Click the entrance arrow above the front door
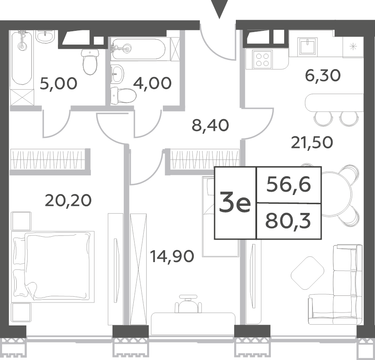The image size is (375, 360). tap(219, 8)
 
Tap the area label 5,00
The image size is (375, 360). tap(59, 83)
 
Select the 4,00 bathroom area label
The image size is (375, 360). tap(152, 83)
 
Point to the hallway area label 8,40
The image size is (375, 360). tap(210, 125)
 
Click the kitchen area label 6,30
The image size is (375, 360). tap(322, 75)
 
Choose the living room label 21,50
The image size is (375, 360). tap(312, 142)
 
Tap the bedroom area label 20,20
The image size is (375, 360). tap(68, 200)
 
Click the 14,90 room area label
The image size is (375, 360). tap(172, 256)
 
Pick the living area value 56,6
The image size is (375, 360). tap(289, 185)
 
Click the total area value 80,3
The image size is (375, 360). tap(288, 221)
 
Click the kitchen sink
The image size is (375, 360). tap(307, 47)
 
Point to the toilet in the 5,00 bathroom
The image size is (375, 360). tap(90, 62)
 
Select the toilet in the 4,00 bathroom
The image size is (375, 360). tap(123, 96)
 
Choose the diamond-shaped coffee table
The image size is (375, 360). tap(307, 273)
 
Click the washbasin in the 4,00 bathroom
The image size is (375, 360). tap(117, 74)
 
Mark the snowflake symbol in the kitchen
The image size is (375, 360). tap(353, 46)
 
